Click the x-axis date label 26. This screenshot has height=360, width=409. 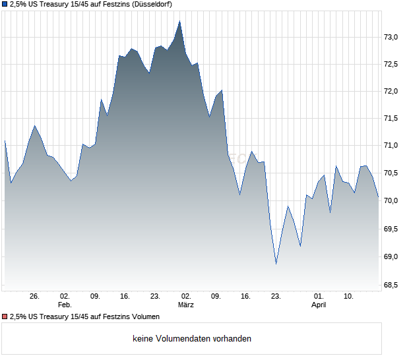35,297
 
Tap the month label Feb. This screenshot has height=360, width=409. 64,305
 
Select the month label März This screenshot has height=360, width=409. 185,305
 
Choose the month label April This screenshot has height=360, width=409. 319,305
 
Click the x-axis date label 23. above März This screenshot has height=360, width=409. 156,297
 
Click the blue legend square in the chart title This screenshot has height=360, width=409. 5,5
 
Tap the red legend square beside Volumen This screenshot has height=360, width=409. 5,317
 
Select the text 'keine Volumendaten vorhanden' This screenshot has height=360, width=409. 192,339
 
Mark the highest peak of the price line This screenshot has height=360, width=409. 180,20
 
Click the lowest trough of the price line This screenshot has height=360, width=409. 276,264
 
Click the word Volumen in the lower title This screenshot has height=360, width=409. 144,317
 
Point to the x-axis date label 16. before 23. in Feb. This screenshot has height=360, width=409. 125,297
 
